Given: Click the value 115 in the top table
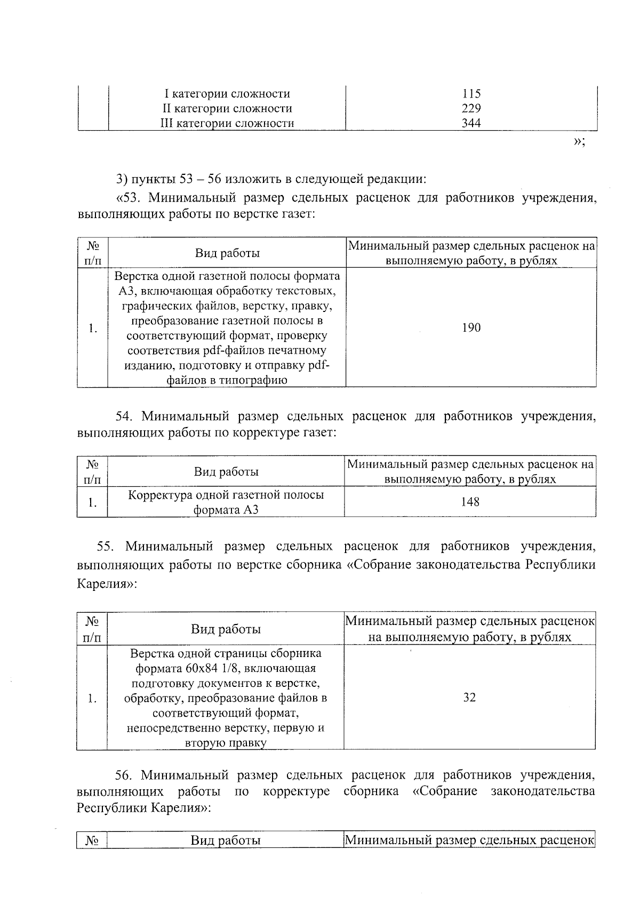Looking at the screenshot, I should click(471, 94).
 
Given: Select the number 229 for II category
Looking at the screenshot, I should click(471, 109).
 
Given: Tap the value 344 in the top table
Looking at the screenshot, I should click(471, 124).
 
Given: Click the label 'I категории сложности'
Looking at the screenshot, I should click(227, 94).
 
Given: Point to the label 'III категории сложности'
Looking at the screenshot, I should click(227, 124).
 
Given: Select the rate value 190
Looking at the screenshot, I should click(471, 327).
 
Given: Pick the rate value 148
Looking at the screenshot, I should click(470, 502).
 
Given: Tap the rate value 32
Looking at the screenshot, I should click(469, 698).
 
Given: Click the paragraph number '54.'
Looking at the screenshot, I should click(125, 416).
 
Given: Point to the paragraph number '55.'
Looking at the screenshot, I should click(107, 547).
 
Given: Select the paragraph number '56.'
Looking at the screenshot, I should click(125, 775).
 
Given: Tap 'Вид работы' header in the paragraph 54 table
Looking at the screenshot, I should click(226, 472).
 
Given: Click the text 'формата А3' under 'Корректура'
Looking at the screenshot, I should click(226, 510).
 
